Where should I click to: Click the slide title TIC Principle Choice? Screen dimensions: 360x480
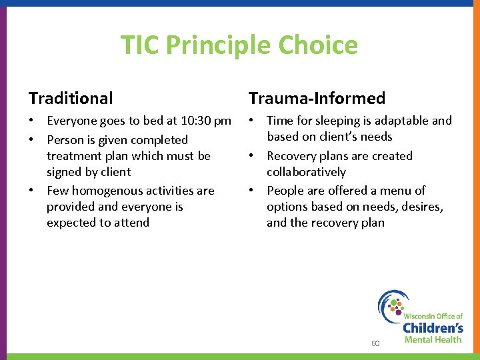coord(239,45)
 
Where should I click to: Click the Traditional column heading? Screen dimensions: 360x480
coord(71,99)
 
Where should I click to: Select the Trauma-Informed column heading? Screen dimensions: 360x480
coord(317,99)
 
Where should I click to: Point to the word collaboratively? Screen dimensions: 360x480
coord(306,172)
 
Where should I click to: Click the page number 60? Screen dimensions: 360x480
coord(375,343)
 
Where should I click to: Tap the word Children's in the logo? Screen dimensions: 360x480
coord(433,327)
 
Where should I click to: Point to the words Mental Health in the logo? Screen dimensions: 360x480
coord(433,340)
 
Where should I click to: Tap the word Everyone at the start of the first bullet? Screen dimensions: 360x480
coord(71,121)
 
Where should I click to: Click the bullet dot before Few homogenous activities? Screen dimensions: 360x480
coord(32,191)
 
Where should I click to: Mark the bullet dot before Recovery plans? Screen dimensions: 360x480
coord(252,156)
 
